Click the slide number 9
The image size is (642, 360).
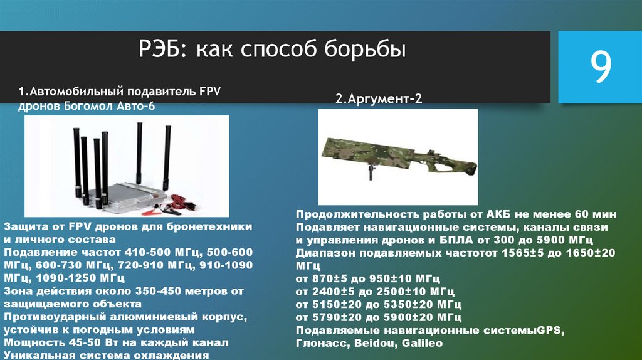[x=600, y=68]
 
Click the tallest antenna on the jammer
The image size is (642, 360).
[x=139, y=151]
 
